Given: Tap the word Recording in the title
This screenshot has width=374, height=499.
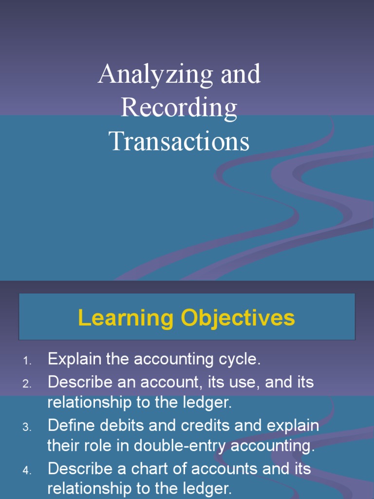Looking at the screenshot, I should (179, 108).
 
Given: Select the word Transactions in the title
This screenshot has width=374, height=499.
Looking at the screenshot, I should (179, 141).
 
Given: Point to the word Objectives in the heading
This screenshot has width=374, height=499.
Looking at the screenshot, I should (238, 319).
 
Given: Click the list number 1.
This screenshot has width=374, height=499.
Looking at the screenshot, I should (27, 362).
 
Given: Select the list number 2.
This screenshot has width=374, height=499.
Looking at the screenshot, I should (27, 384).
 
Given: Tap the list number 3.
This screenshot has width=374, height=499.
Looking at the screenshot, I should (27, 427).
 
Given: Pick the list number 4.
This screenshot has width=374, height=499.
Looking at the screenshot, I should (27, 471).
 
